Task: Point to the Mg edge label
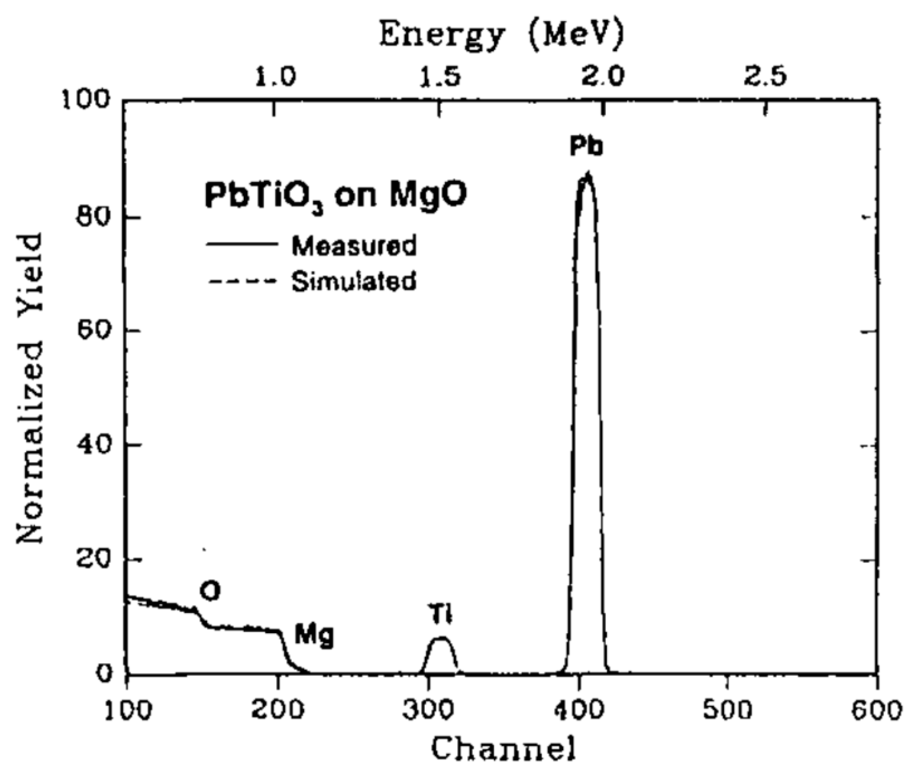pyautogui.click(x=314, y=636)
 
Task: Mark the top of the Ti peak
pyautogui.click(x=441, y=638)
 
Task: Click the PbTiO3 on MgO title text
pyautogui.click(x=335, y=197)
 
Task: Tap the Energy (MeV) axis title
pyautogui.click(x=501, y=36)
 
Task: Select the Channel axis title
pyautogui.click(x=501, y=748)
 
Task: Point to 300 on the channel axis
pyautogui.click(x=429, y=710)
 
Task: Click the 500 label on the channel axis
pyautogui.click(x=727, y=710)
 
